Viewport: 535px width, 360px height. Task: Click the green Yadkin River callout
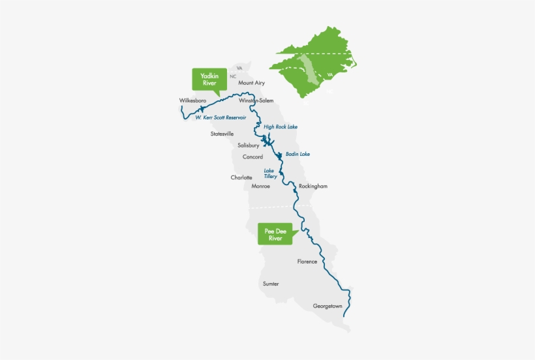pos(209,80)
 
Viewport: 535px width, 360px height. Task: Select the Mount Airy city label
pos(251,83)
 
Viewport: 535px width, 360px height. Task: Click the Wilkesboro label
pos(193,100)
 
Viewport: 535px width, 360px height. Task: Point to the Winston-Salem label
pos(256,101)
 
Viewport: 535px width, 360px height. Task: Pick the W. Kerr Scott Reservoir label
pos(221,117)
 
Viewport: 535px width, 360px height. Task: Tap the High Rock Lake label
pos(281,127)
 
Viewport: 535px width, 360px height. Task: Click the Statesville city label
pos(222,134)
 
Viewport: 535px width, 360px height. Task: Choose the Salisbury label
pos(249,145)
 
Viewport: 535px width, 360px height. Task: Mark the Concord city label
pos(252,157)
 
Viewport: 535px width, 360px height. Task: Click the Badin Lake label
pos(297,155)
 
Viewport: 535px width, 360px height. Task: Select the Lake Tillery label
pos(270,173)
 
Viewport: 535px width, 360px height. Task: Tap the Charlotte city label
pos(241,177)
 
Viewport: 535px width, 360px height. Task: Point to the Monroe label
pos(260,187)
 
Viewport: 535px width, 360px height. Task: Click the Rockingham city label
pos(313,187)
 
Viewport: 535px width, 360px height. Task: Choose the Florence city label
pos(307,262)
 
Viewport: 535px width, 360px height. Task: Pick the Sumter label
pos(271,284)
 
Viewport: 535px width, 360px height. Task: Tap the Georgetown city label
pos(328,306)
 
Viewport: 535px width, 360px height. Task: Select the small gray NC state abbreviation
pos(233,76)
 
